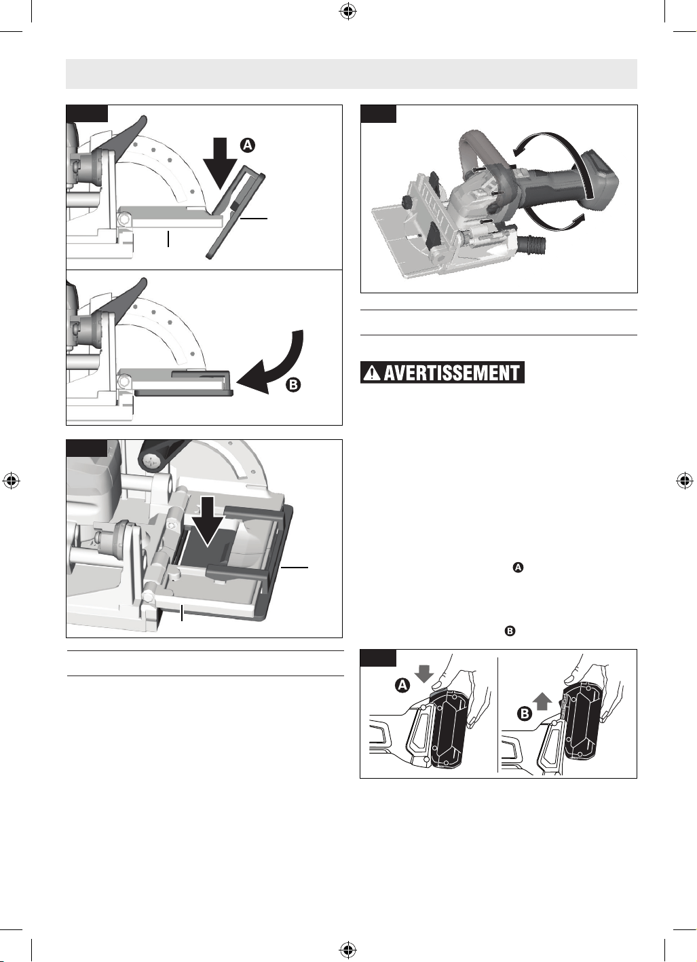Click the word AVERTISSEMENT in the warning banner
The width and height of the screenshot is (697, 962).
pyautogui.click(x=452, y=372)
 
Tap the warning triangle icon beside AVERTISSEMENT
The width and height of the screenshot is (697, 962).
pyautogui.click(x=371, y=373)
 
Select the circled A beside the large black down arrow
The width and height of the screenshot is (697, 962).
pyautogui.click(x=248, y=145)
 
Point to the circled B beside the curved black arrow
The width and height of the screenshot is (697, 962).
pyautogui.click(x=293, y=385)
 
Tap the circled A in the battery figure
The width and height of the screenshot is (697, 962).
pyautogui.click(x=402, y=686)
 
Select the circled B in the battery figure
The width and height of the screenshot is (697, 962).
pyautogui.click(x=525, y=714)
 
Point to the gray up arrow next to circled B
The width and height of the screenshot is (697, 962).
pyautogui.click(x=543, y=703)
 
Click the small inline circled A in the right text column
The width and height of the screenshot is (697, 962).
pyautogui.click(x=519, y=568)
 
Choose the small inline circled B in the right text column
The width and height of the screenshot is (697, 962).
pyautogui.click(x=510, y=631)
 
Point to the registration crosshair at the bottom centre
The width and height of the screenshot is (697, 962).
pyautogui.click(x=348, y=950)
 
